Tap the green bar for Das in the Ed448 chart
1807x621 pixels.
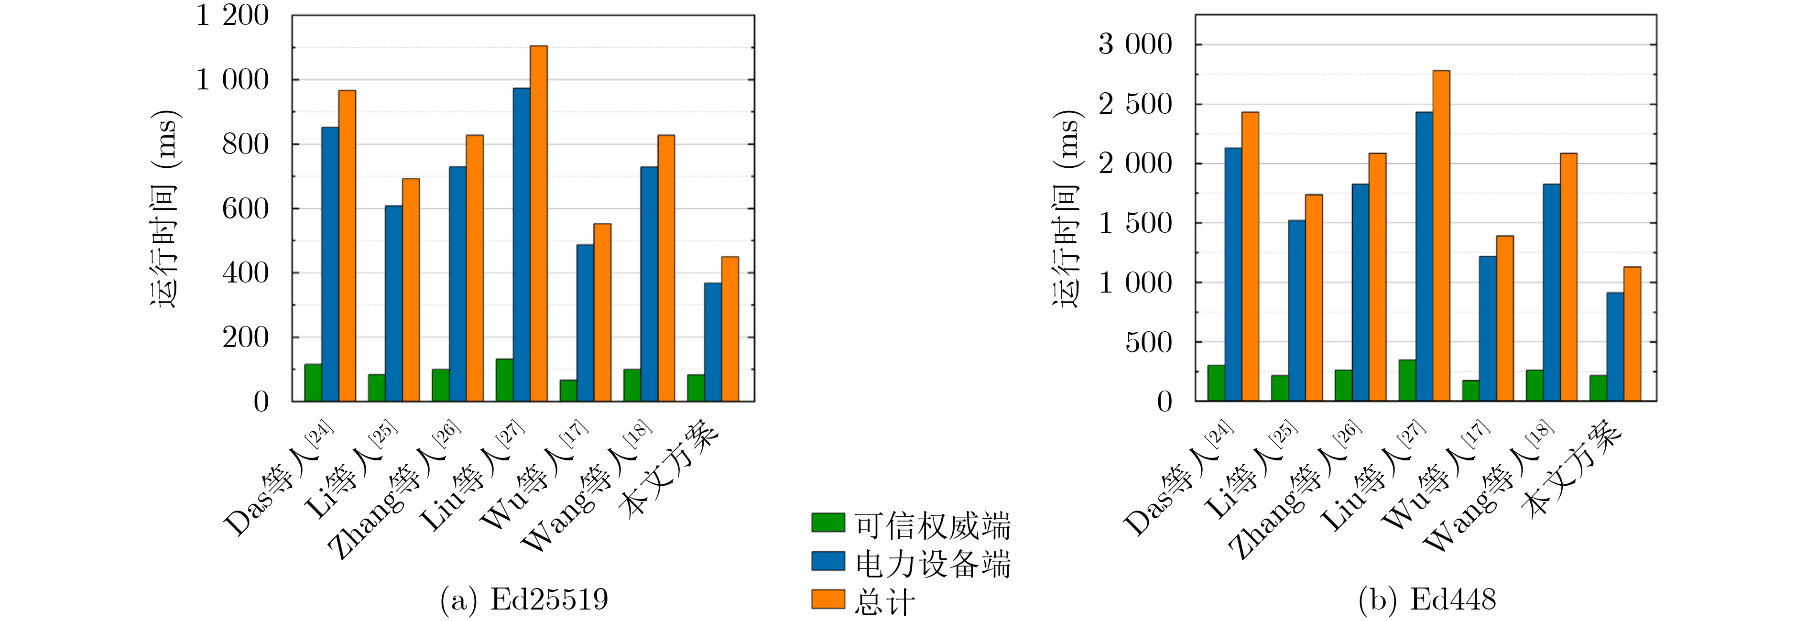(1216, 382)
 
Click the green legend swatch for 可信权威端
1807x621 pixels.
(828, 523)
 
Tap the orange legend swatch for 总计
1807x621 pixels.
(828, 599)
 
